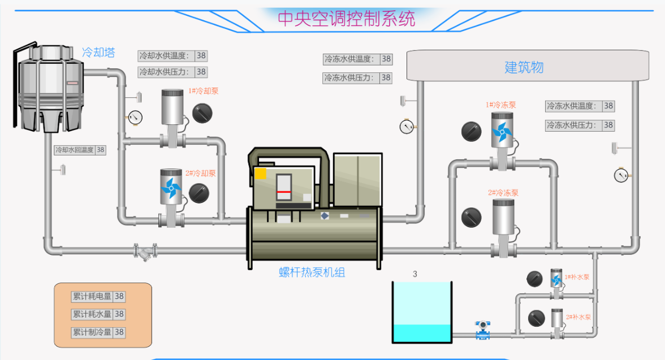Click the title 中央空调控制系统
click(346, 18)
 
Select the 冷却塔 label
click(98, 53)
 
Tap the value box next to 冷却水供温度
click(201, 56)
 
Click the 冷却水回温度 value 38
click(101, 150)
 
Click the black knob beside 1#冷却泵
click(202, 114)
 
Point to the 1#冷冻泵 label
click(500, 105)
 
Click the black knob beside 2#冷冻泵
click(471, 217)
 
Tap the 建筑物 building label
click(524, 67)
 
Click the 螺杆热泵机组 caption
click(312, 272)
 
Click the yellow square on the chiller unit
click(260, 174)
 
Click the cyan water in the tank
click(422, 333)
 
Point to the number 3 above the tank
click(415, 274)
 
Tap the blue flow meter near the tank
click(482, 329)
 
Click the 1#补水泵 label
click(577, 277)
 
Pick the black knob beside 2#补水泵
click(536, 318)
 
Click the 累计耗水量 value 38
click(119, 314)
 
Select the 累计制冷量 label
click(91, 332)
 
